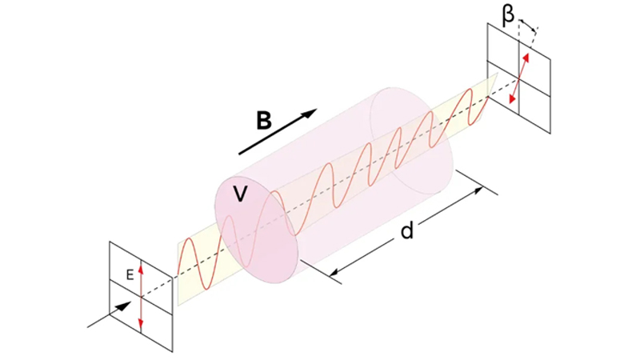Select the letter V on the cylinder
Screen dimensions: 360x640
(x=238, y=193)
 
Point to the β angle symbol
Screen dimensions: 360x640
(x=509, y=13)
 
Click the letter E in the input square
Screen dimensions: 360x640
(x=128, y=274)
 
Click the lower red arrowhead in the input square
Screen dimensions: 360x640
(x=141, y=324)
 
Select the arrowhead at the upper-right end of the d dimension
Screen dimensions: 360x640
(x=480, y=189)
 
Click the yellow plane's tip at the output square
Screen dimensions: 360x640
(x=496, y=74)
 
